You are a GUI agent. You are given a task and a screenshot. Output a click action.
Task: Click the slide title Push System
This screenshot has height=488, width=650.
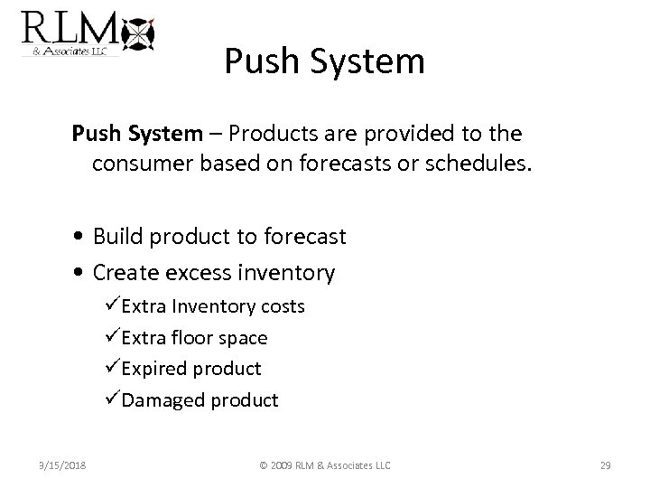pos(324,61)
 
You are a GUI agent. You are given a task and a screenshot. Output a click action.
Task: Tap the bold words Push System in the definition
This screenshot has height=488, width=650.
pos(137,134)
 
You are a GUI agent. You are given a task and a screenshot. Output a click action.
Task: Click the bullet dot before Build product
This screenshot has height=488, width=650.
pos(80,238)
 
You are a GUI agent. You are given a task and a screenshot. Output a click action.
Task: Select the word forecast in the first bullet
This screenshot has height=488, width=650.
pos(302,238)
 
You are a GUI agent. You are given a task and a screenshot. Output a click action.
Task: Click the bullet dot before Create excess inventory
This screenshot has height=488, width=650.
pos(80,272)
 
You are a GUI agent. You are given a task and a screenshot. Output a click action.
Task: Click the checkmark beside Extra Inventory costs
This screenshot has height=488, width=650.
pos(113,306)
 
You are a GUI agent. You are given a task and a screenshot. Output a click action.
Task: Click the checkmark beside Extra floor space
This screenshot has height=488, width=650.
pos(113,337)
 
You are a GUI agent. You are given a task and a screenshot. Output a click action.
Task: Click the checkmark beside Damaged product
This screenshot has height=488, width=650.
pos(113,399)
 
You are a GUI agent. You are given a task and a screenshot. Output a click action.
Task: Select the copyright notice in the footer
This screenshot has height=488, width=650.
pos(324,465)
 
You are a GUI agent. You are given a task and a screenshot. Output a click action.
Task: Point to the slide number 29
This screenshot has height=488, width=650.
pos(606,465)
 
